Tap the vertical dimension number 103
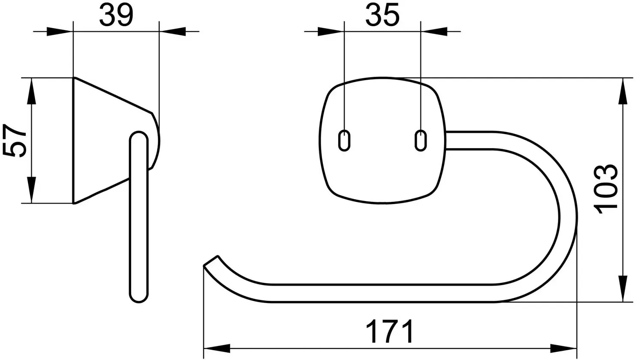pos(606,189)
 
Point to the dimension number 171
pos(389,331)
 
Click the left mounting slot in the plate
pos(344,140)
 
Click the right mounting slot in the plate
pos(421,140)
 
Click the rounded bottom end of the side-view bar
pos(139,296)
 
